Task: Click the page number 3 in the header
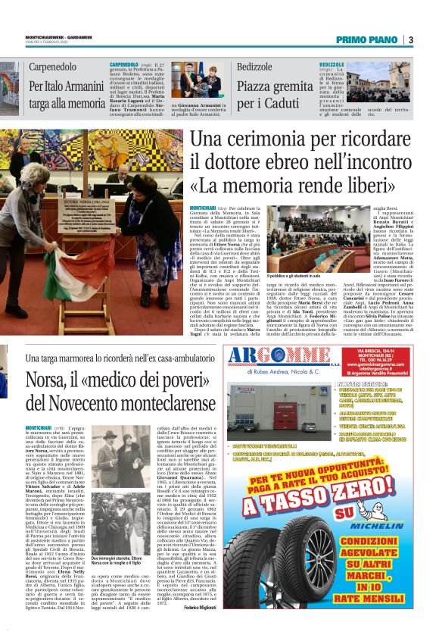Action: (x=409, y=39)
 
